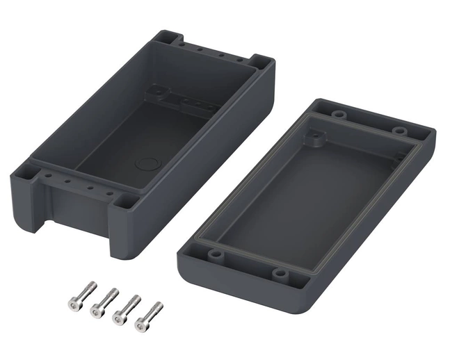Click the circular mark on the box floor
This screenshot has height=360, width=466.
pyautogui.click(x=146, y=165)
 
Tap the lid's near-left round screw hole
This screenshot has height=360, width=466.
pyautogui.click(x=217, y=254)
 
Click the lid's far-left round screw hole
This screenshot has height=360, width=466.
pyautogui.click(x=339, y=113)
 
